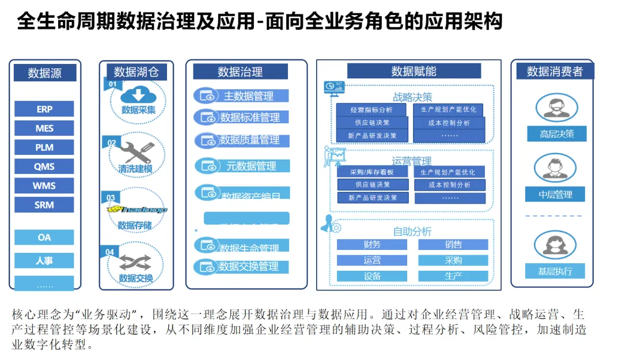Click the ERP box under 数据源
(x=44, y=109)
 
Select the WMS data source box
(x=44, y=185)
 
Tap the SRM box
(x=44, y=204)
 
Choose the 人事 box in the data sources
(x=44, y=260)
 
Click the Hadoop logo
(x=136, y=210)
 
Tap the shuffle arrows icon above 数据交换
(x=136, y=263)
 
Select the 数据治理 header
(x=240, y=71)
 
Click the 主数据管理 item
(x=248, y=96)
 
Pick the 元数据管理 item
(x=251, y=166)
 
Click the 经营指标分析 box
(x=371, y=110)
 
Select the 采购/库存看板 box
(x=372, y=172)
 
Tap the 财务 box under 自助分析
(x=372, y=244)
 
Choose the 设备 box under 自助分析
(x=372, y=276)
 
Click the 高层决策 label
(x=556, y=134)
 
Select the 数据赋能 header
(x=414, y=71)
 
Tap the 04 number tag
(x=109, y=252)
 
